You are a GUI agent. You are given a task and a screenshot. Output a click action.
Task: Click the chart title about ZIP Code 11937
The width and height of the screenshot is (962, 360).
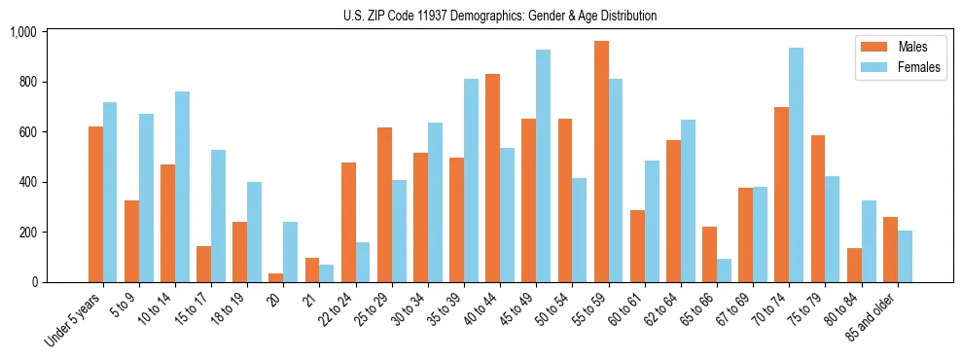(500, 16)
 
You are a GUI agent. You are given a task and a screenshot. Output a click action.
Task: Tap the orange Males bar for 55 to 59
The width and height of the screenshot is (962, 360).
(601, 162)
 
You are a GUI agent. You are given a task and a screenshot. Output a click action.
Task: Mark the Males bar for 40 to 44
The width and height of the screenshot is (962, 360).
(493, 178)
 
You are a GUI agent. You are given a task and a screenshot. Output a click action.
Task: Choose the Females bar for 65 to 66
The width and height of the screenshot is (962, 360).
(724, 270)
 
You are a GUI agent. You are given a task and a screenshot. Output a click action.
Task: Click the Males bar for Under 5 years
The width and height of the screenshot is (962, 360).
(95, 204)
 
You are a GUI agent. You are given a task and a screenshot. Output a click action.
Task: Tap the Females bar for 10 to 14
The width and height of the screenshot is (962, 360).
(182, 187)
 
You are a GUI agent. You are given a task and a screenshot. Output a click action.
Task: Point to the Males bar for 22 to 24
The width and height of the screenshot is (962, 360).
(348, 223)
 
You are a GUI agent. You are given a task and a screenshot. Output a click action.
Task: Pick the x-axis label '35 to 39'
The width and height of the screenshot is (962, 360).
(444, 307)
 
